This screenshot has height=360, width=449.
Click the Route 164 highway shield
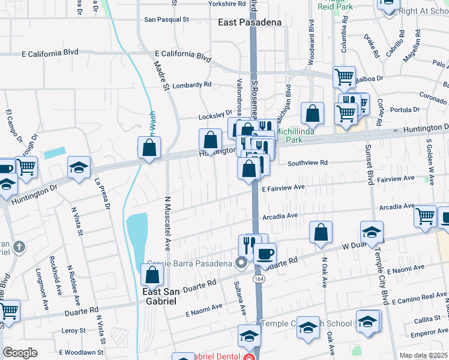[x=258, y=279]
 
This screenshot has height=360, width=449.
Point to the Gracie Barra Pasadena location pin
[x=241, y=263]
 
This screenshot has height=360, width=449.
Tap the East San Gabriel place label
[x=160, y=296]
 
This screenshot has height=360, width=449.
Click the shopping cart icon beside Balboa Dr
[x=344, y=76]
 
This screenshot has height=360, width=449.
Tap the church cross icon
[x=19, y=247]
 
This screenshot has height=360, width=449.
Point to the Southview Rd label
[x=307, y=163]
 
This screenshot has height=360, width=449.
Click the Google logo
[x=20, y=352]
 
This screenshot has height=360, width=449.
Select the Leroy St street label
[x=74, y=331]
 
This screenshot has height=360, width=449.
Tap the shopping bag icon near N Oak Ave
[x=321, y=233]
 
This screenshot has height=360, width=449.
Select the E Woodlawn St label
[x=81, y=352]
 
